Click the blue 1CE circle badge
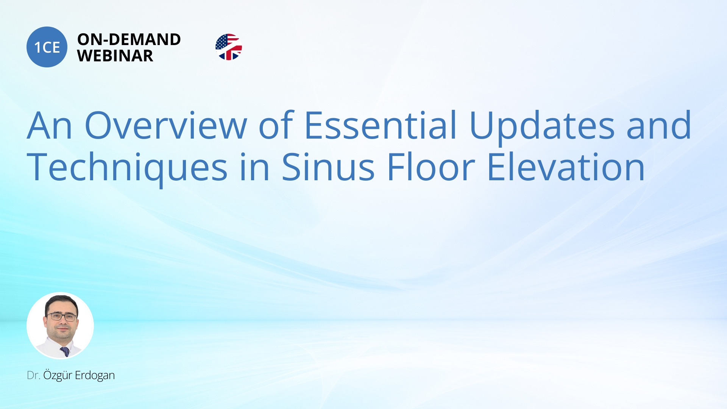pyautogui.click(x=47, y=47)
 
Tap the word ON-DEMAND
pyautogui.click(x=129, y=39)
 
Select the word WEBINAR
pyautogui.click(x=115, y=56)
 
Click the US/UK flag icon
pyautogui.click(x=229, y=47)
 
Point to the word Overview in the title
pyautogui.click(x=166, y=125)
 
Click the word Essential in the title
pyautogui.click(x=381, y=125)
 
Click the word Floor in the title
pyautogui.click(x=431, y=167)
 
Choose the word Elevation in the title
pyautogui.click(x=566, y=167)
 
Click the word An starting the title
pyautogui.click(x=49, y=125)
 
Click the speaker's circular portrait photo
pyautogui.click(x=60, y=326)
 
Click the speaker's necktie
pyautogui.click(x=65, y=351)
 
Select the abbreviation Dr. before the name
pyautogui.click(x=33, y=375)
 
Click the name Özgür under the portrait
pyautogui.click(x=58, y=375)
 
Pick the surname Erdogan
pyautogui.click(x=95, y=375)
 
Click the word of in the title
pyautogui.click(x=276, y=125)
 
